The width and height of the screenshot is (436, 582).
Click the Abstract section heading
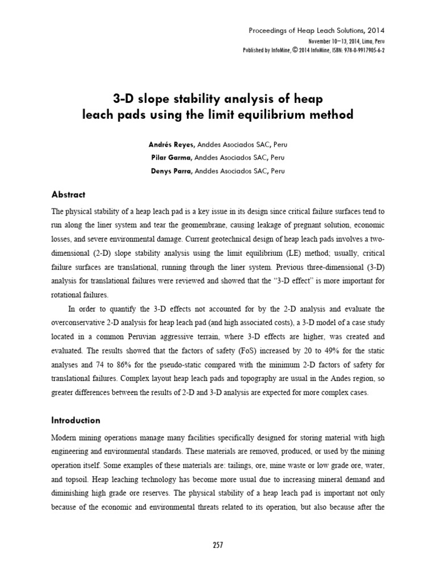pos(68,194)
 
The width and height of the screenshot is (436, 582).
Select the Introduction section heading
pos(76,421)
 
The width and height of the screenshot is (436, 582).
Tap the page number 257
pos(218,545)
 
